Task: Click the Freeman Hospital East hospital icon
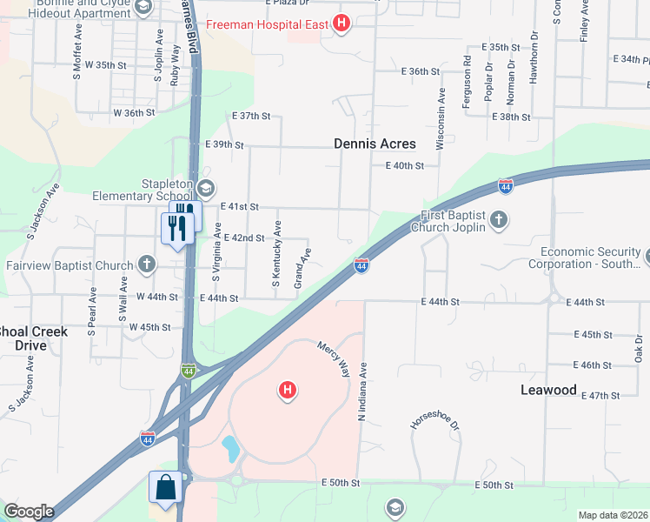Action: pyautogui.click(x=342, y=23)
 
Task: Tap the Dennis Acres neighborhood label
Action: pyautogui.click(x=375, y=144)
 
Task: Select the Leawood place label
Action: pyautogui.click(x=548, y=390)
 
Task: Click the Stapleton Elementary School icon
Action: pyautogui.click(x=206, y=188)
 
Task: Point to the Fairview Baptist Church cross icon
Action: pyautogui.click(x=147, y=264)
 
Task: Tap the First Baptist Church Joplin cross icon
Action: pyautogui.click(x=499, y=219)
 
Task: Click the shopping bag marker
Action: pyautogui.click(x=165, y=489)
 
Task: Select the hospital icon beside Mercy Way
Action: pyautogui.click(x=287, y=391)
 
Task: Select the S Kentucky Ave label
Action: pyautogui.click(x=276, y=253)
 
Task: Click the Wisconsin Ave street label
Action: pyautogui.click(x=441, y=118)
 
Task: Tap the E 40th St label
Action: pyautogui.click(x=404, y=165)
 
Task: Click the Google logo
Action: pyautogui.click(x=28, y=512)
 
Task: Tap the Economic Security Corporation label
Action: pyautogui.click(x=590, y=257)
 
